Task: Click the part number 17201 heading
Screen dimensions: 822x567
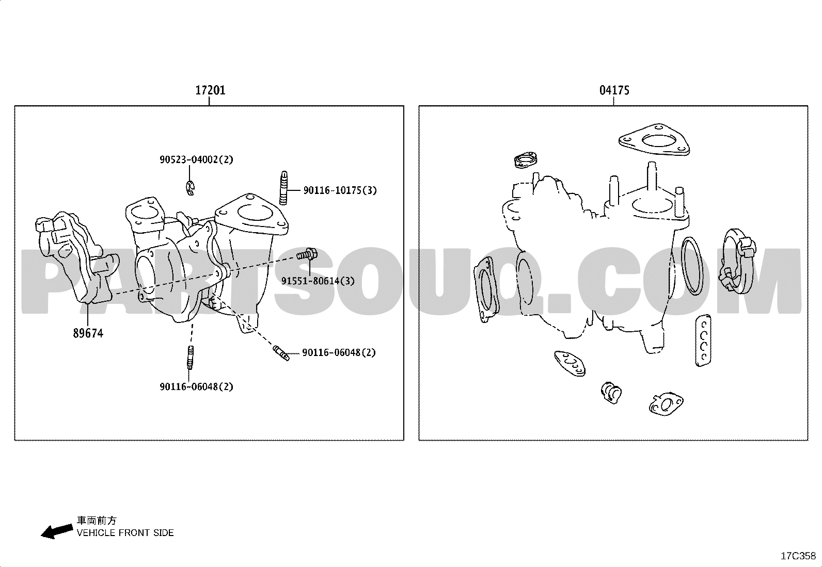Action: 210,90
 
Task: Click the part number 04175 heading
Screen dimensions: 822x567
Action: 614,90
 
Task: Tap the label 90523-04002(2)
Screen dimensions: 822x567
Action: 196,159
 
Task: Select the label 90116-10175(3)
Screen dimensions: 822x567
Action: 340,190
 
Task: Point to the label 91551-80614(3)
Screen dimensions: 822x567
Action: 318,281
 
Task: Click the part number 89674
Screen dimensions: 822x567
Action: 88,333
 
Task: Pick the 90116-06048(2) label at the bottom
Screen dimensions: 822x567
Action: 196,386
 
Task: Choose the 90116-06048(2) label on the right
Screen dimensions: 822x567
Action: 339,352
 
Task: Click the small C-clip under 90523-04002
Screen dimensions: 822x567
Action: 189,188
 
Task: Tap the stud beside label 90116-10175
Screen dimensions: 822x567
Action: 283,188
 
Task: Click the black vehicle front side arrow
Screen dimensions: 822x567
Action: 56,531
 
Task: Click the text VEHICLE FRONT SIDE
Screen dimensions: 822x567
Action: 125,533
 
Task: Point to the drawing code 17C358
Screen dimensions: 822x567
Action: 798,556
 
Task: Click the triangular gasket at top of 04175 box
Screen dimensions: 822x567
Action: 654,140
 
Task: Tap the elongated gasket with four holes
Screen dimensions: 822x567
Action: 703,341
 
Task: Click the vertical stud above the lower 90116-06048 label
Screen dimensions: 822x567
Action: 190,358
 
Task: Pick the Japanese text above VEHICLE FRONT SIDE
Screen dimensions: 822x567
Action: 97,521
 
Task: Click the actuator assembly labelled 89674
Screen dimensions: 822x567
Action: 75,257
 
